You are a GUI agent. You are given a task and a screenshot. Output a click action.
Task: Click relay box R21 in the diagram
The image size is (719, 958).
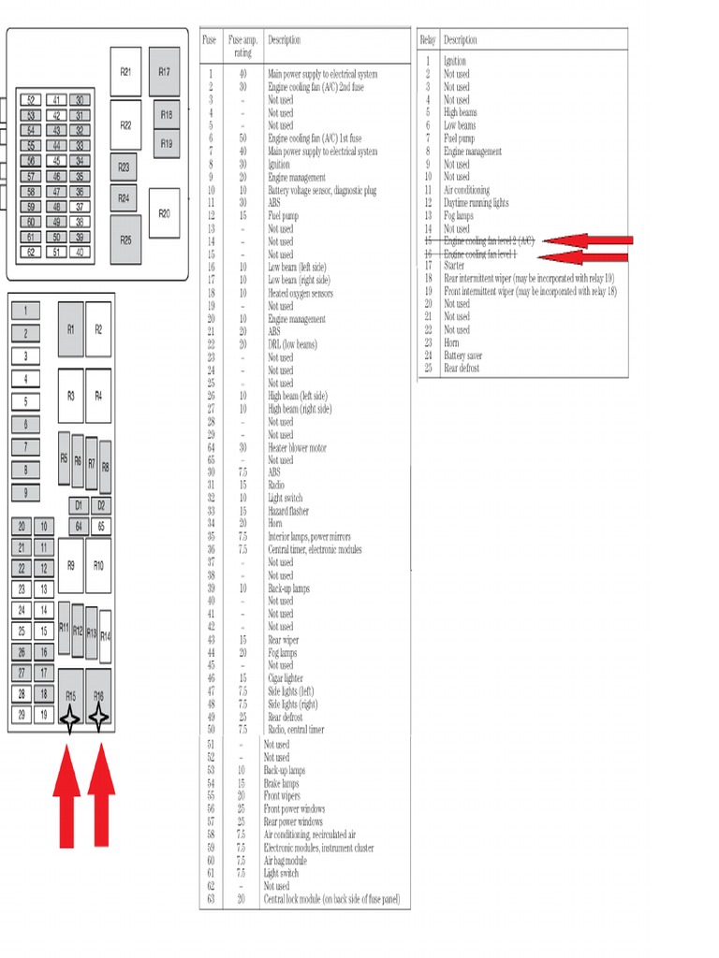point(125,72)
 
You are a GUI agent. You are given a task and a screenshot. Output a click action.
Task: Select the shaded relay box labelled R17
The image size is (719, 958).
point(164,72)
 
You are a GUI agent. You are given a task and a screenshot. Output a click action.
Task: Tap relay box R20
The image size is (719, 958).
point(164,214)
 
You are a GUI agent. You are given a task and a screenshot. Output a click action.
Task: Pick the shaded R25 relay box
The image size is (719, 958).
point(125,239)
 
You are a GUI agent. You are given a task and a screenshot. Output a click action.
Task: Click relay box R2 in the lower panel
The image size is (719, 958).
point(98,329)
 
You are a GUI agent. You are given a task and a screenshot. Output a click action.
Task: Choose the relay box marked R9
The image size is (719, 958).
point(71,565)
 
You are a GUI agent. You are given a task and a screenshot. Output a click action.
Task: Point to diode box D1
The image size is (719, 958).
point(79,505)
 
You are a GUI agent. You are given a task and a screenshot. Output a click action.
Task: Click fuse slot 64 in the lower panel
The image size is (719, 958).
point(79,526)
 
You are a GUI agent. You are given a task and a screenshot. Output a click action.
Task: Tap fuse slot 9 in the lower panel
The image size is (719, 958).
point(26,493)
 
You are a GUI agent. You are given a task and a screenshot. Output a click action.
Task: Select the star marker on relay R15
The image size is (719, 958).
point(70,718)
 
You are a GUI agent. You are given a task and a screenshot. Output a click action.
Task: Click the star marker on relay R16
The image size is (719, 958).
point(98,718)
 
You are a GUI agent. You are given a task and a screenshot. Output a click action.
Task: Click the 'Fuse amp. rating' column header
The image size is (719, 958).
point(243,46)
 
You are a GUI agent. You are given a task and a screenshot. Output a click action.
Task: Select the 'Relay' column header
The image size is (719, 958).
point(428,40)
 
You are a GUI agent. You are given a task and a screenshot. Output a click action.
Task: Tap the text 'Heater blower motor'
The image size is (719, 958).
point(298,447)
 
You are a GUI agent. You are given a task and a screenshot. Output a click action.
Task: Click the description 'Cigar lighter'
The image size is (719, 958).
point(286,678)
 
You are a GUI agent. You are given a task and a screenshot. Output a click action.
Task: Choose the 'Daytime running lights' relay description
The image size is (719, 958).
point(476,202)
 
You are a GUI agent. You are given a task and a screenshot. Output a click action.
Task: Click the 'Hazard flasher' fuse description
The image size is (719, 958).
point(288,511)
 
